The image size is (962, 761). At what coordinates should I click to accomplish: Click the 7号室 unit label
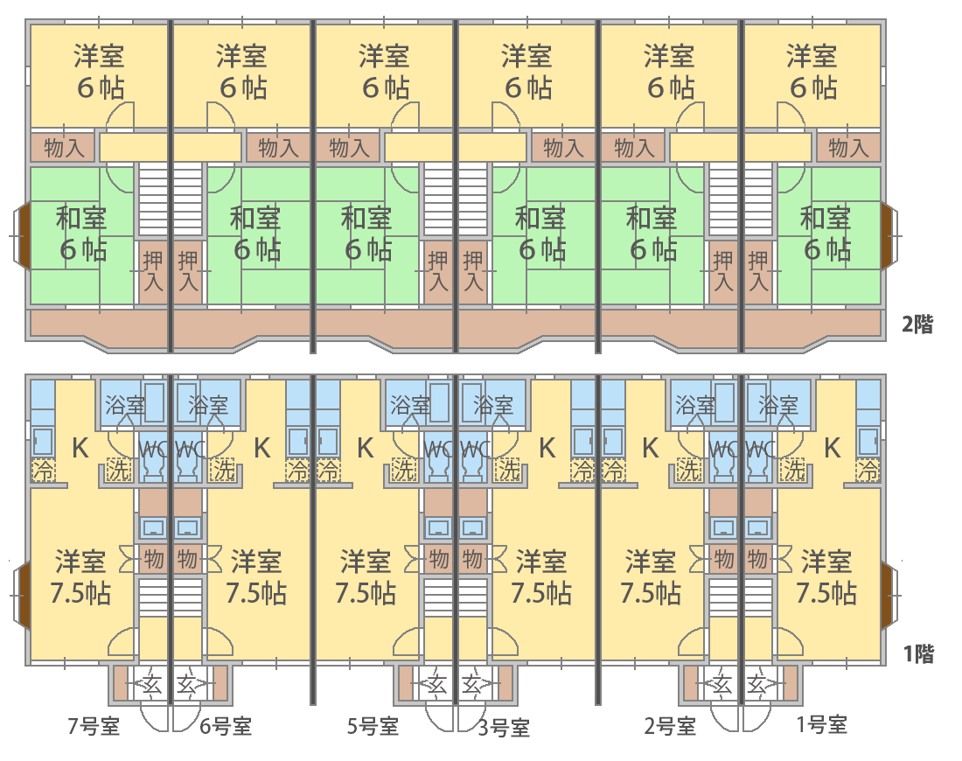point(94,726)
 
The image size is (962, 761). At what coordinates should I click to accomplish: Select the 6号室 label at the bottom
point(225,726)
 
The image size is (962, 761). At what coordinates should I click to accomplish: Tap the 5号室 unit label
point(373,726)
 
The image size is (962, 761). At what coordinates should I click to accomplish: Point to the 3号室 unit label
point(504,727)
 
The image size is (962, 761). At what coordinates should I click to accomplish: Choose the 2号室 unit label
point(669,726)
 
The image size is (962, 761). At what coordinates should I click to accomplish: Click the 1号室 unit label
point(821,725)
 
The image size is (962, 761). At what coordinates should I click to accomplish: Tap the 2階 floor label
point(917,324)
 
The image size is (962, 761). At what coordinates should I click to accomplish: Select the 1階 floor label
point(918,654)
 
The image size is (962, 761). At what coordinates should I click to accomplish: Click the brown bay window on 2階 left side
point(23,235)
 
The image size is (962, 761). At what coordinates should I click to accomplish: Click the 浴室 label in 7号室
point(124,406)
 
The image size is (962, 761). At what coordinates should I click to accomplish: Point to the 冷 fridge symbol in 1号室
point(868,471)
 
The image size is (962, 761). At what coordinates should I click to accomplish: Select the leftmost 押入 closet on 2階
point(153,271)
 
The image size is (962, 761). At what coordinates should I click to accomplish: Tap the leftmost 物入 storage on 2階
point(64,148)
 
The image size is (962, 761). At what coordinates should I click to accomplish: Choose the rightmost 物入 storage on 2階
point(848,148)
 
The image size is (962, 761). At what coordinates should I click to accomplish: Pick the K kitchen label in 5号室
point(365,449)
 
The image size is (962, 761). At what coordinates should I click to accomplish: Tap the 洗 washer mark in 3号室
point(509,471)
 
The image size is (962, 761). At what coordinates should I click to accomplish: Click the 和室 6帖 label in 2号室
point(652,234)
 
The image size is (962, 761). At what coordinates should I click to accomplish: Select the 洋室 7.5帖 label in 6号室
point(256,577)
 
